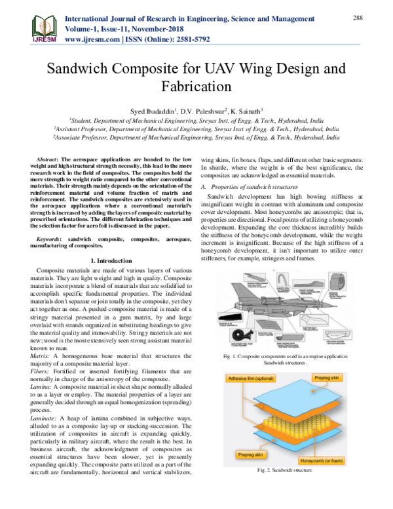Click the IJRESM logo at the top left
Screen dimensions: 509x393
point(26,27)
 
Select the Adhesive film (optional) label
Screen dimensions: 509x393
point(251,379)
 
